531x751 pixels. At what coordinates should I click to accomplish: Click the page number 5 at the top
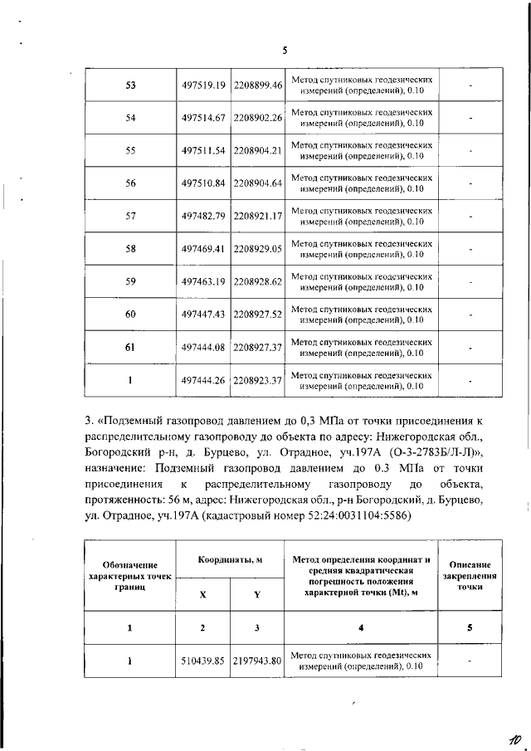click(x=284, y=51)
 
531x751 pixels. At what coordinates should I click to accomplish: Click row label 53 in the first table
click(x=130, y=85)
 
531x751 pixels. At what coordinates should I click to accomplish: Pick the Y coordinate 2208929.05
click(x=258, y=248)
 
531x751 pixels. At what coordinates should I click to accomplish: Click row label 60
click(x=130, y=314)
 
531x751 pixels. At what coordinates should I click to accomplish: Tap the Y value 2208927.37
click(x=258, y=347)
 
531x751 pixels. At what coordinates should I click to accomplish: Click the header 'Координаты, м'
click(x=230, y=560)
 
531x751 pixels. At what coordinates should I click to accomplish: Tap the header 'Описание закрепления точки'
click(x=470, y=574)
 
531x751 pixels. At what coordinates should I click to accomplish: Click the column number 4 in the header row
click(x=361, y=627)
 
